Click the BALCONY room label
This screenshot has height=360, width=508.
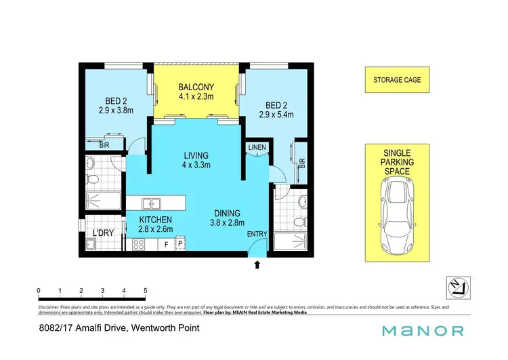click(x=196, y=87)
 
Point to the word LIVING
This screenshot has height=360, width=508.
click(x=196, y=155)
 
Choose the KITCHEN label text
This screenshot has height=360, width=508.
click(x=156, y=220)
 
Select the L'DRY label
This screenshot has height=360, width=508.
click(x=103, y=234)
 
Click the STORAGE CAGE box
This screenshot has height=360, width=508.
click(x=397, y=80)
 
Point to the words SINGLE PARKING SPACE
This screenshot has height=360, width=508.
click(x=397, y=163)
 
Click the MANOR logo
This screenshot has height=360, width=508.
click(x=423, y=331)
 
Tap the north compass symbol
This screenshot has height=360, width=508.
click(x=459, y=287)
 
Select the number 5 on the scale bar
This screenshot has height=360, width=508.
click(x=146, y=291)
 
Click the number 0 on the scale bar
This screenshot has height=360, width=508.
click(x=39, y=291)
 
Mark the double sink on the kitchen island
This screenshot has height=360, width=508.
click(x=150, y=202)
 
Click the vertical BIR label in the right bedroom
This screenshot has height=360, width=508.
click(x=302, y=163)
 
